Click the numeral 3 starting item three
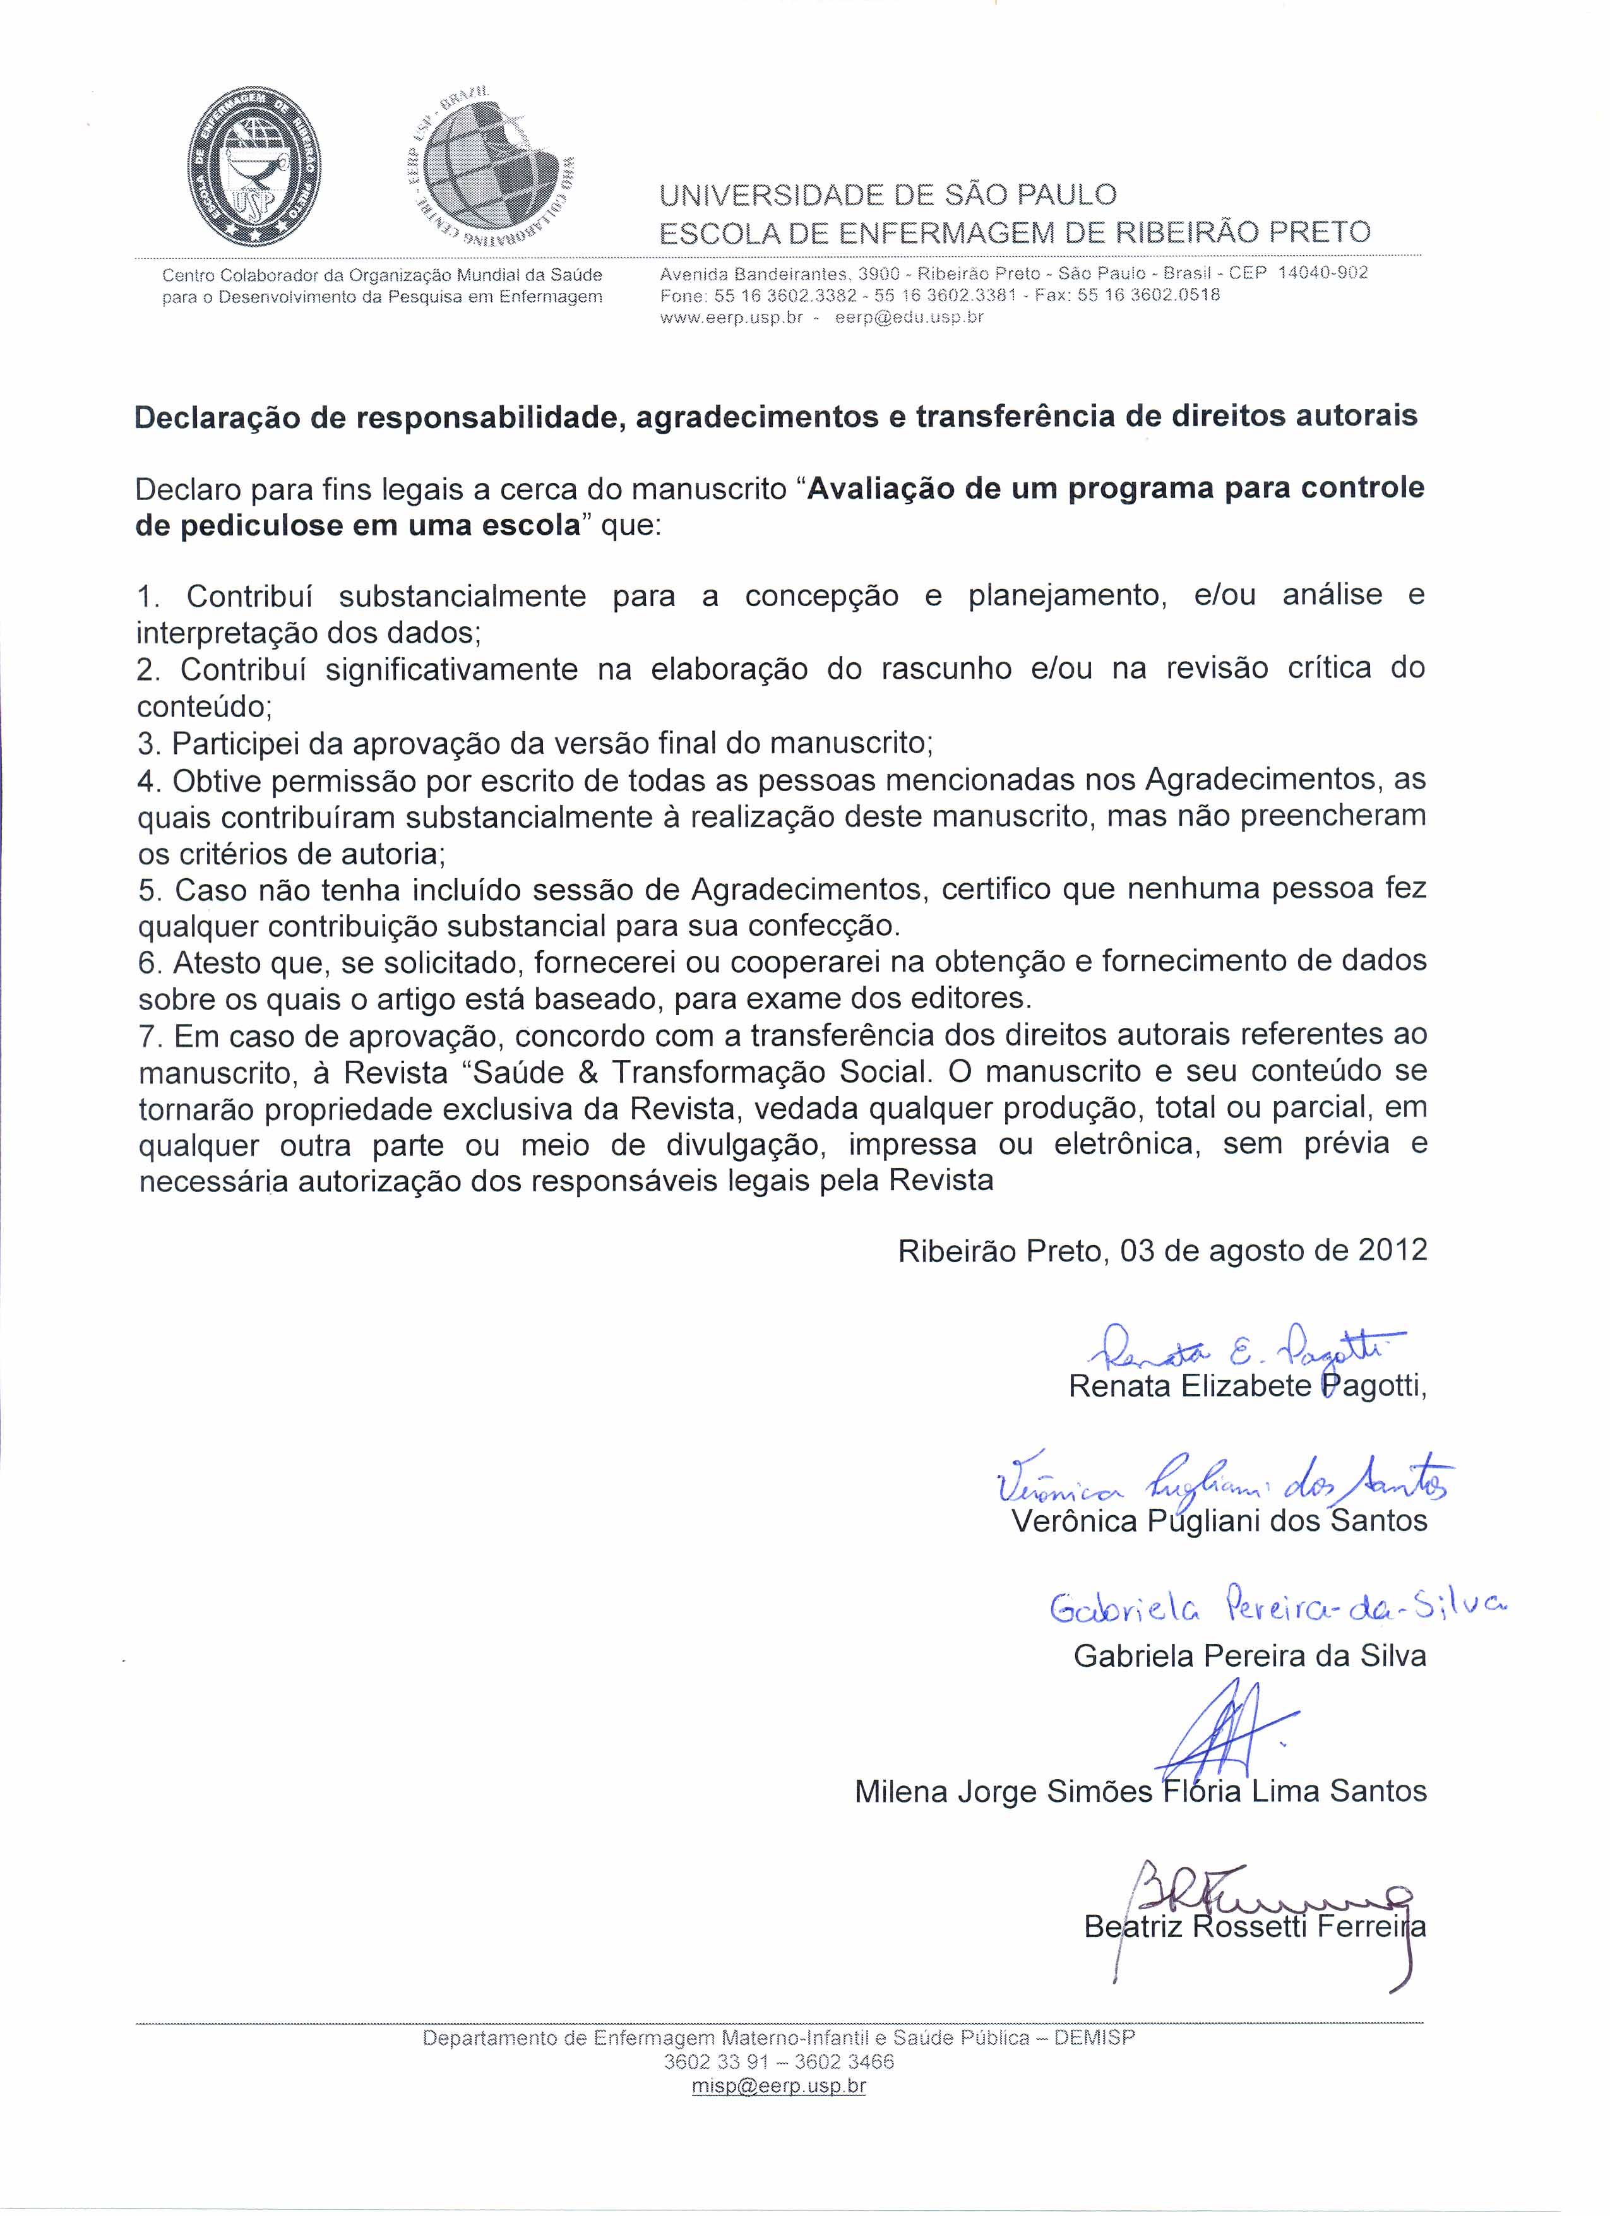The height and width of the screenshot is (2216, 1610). pos(148,744)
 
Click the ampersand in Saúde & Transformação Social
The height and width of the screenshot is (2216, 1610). pos(588,1073)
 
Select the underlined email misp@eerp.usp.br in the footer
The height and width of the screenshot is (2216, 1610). pos(778,2086)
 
